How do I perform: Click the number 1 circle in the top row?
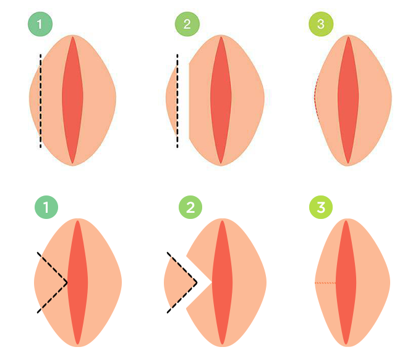(x=40, y=25)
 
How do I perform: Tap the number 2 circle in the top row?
(x=187, y=25)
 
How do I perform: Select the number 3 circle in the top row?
(x=321, y=25)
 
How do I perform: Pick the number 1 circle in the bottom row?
(x=46, y=207)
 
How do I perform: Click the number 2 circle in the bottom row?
(x=190, y=207)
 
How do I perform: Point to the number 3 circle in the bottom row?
(x=321, y=207)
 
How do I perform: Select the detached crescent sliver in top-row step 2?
(x=171, y=99)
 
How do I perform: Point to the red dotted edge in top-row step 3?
(x=315, y=99)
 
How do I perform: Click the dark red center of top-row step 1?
(x=72, y=99)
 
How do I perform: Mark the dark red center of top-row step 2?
(x=220, y=99)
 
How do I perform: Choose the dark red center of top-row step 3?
(x=348, y=99)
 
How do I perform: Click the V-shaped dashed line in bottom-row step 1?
(x=53, y=267)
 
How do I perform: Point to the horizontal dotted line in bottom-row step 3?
(x=325, y=283)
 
